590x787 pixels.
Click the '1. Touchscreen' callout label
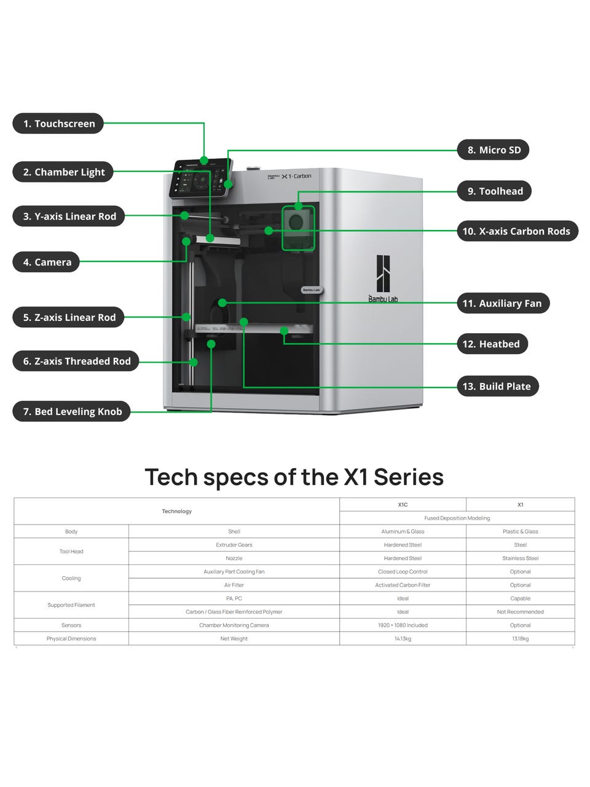58,124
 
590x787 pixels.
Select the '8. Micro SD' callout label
494,150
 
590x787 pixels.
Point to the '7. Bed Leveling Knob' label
72,411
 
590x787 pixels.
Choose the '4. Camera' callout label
47,262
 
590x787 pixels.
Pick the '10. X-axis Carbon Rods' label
516,231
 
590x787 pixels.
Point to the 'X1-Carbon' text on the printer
296,176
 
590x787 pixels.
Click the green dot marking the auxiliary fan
222,303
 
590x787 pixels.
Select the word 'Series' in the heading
408,477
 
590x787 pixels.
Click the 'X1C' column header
403,505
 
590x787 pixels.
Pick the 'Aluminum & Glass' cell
403,531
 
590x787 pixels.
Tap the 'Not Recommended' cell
520,612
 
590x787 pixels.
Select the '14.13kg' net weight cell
403,639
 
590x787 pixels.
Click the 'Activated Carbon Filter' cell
403,585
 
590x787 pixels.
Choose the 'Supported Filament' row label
71,605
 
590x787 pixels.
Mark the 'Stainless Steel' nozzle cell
520,558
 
